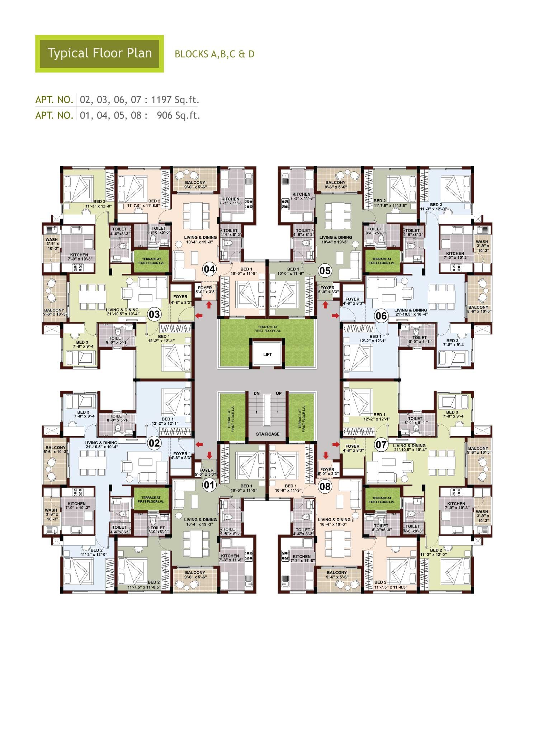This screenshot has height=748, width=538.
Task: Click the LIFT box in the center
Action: click(268, 354)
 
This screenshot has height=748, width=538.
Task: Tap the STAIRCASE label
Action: click(268, 434)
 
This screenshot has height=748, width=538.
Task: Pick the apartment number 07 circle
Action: click(381, 445)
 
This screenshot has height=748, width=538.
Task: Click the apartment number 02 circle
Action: click(154, 443)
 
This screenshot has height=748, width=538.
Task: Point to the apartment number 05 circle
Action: click(325, 270)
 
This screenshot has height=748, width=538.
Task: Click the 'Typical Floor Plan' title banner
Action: click(99, 54)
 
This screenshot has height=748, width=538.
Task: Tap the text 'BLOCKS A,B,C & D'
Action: click(214, 54)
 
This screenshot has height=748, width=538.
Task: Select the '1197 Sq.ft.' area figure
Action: click(175, 100)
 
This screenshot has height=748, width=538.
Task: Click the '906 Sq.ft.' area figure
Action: click(179, 115)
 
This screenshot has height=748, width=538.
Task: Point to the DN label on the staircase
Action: click(256, 394)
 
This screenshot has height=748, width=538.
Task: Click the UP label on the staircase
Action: click(279, 394)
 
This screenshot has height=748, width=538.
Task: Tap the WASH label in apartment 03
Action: click(52, 240)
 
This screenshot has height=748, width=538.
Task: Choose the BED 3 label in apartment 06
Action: click(452, 340)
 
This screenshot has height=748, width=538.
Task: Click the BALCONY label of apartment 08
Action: click(337, 572)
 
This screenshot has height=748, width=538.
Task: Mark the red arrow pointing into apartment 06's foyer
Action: click(335, 315)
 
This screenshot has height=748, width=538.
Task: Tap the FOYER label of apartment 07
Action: click(352, 446)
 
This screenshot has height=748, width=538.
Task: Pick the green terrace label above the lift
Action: click(268, 329)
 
